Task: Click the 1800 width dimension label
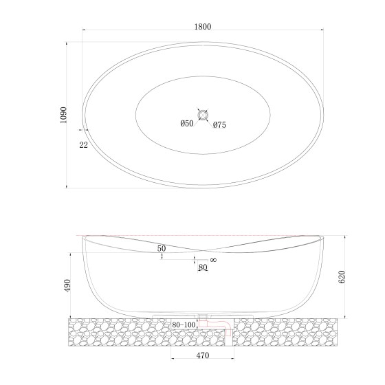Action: (x=203, y=27)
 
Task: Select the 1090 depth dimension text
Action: (x=63, y=115)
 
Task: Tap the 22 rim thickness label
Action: (x=83, y=145)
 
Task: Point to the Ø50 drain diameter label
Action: (x=187, y=123)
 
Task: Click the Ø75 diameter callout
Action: (x=219, y=125)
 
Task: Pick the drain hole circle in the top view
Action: (x=203, y=115)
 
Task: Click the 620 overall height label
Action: (x=342, y=276)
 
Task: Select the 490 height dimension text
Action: (x=67, y=285)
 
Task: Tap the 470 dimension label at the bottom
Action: (x=203, y=355)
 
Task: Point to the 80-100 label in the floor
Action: (x=184, y=324)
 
